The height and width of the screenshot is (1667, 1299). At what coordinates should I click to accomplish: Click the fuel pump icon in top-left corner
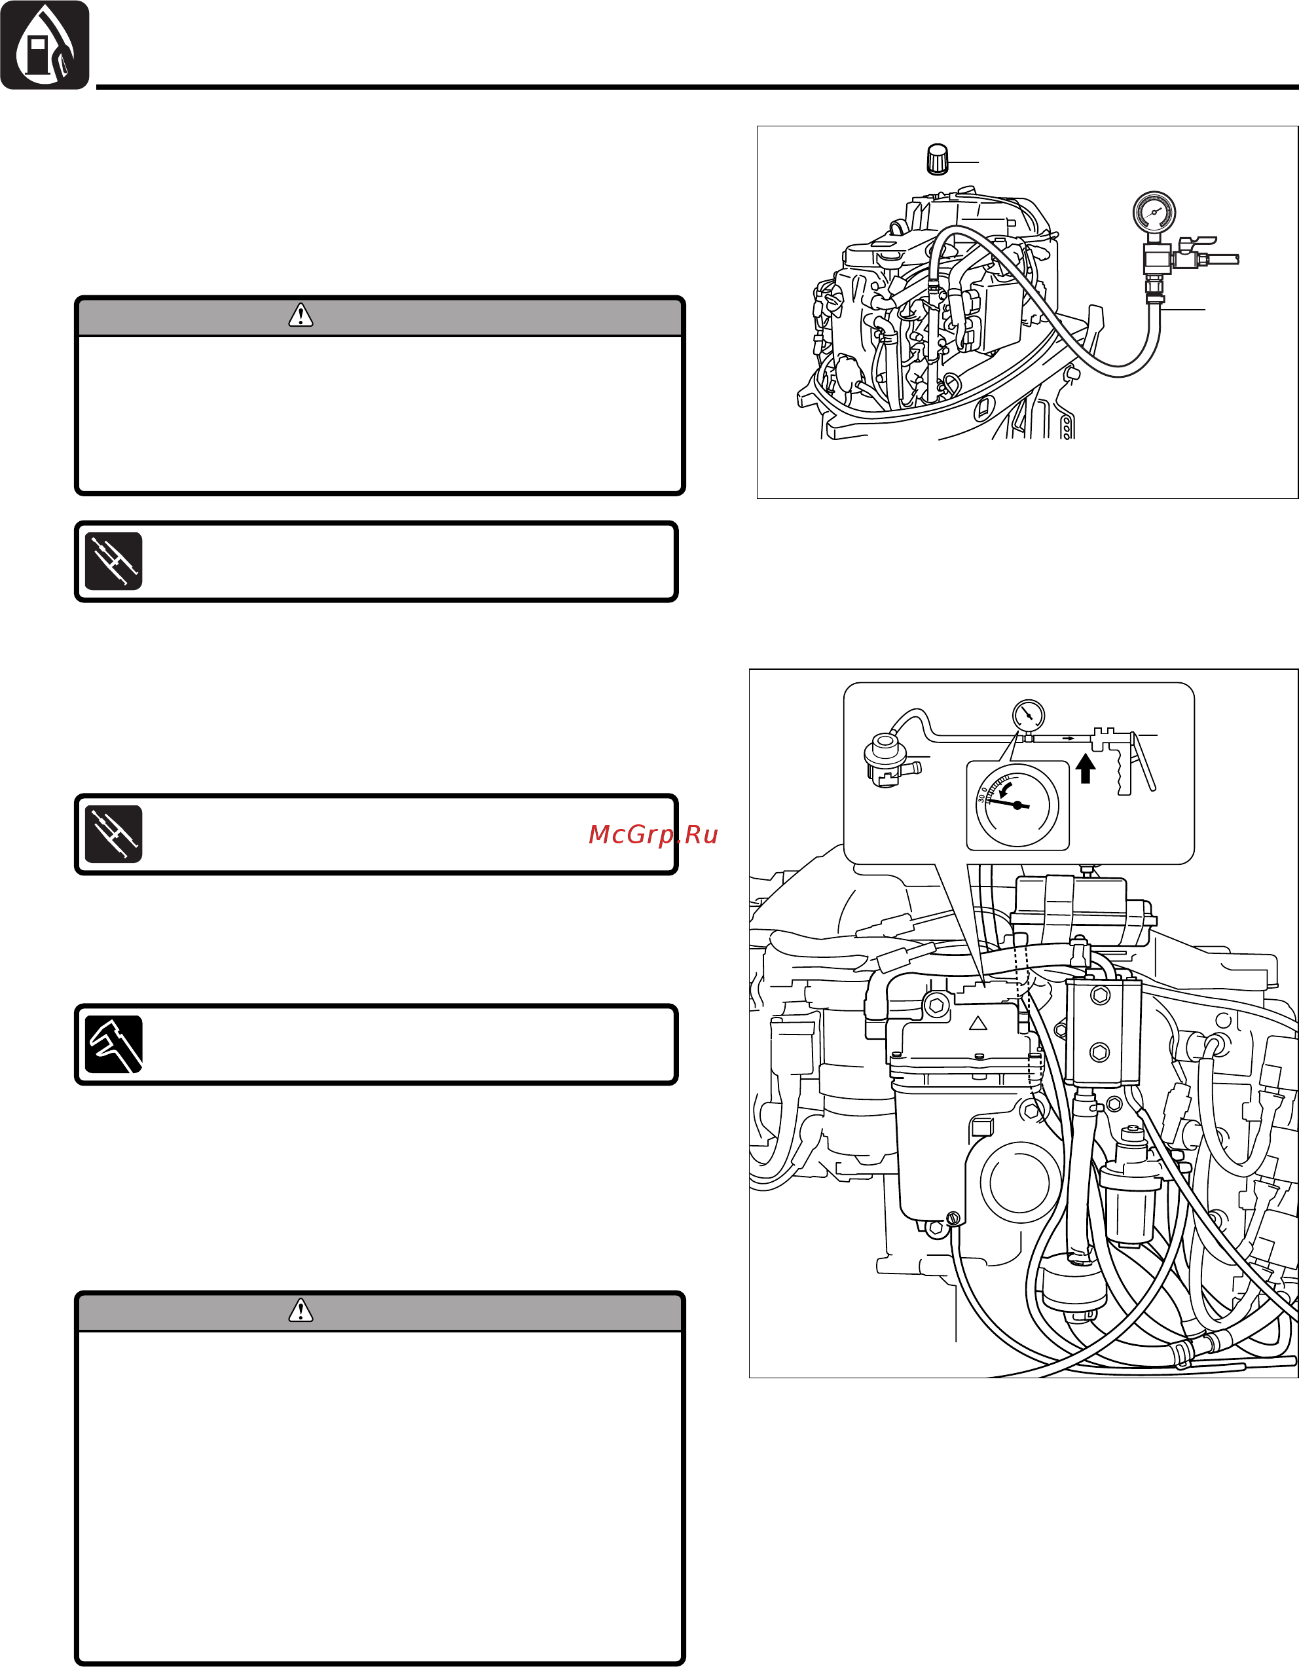tap(45, 45)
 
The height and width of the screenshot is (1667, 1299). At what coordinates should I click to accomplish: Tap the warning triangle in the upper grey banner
tap(301, 315)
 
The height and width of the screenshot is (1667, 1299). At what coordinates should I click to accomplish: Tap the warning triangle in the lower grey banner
tap(301, 1311)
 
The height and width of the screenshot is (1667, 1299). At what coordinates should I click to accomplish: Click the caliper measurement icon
tap(114, 1044)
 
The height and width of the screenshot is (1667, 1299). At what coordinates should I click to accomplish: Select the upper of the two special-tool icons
tap(114, 561)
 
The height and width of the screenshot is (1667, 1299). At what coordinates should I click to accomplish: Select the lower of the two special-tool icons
tap(114, 834)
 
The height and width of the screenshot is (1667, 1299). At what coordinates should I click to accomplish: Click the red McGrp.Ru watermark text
tap(653, 834)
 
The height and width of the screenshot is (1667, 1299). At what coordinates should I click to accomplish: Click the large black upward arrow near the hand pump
tap(1086, 769)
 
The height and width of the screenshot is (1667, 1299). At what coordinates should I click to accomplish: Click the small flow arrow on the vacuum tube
tap(1069, 738)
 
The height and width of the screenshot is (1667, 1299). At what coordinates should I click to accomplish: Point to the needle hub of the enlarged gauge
tap(1017, 805)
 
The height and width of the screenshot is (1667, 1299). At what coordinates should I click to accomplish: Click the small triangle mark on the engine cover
tap(978, 1023)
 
